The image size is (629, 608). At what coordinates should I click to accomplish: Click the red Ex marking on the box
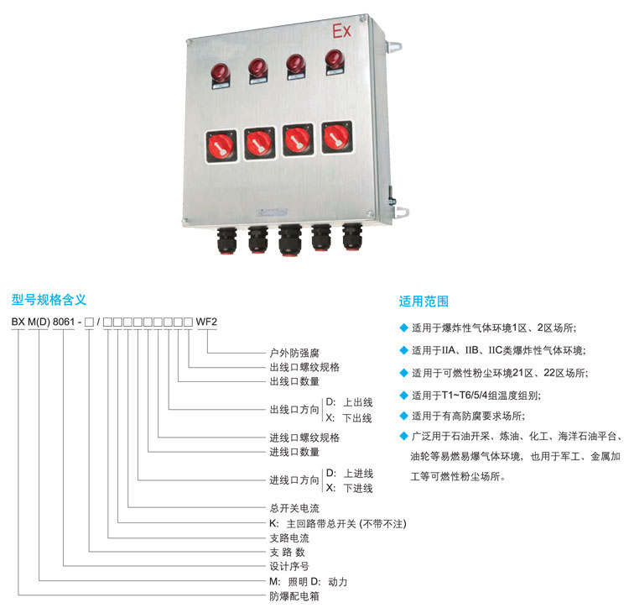coord(342,31)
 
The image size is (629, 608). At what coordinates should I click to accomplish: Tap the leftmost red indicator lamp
coord(221,73)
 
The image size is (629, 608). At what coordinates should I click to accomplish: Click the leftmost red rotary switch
coord(221,146)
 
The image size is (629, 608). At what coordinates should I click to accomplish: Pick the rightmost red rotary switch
coord(337,138)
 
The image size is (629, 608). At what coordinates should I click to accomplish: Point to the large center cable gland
coord(290,240)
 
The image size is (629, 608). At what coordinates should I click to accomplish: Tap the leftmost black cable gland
coord(227,240)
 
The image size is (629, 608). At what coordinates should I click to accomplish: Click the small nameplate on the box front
coord(273,212)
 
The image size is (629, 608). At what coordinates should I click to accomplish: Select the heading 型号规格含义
coord(49,299)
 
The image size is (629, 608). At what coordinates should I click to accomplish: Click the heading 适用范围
coord(424,301)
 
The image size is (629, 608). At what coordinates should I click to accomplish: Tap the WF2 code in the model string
coord(206,322)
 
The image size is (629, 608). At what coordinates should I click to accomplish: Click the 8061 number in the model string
coord(64,322)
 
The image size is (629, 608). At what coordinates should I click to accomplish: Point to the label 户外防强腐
coord(294,353)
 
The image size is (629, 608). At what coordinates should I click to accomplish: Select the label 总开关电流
coord(294,508)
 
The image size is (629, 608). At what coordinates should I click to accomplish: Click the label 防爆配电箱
coord(294,596)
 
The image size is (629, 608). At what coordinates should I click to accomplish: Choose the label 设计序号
coord(289,566)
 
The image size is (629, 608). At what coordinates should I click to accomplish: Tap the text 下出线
coord(357,418)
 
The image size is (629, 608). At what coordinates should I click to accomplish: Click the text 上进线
coord(358,474)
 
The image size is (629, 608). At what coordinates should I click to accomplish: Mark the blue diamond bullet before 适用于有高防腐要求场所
coord(404,416)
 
